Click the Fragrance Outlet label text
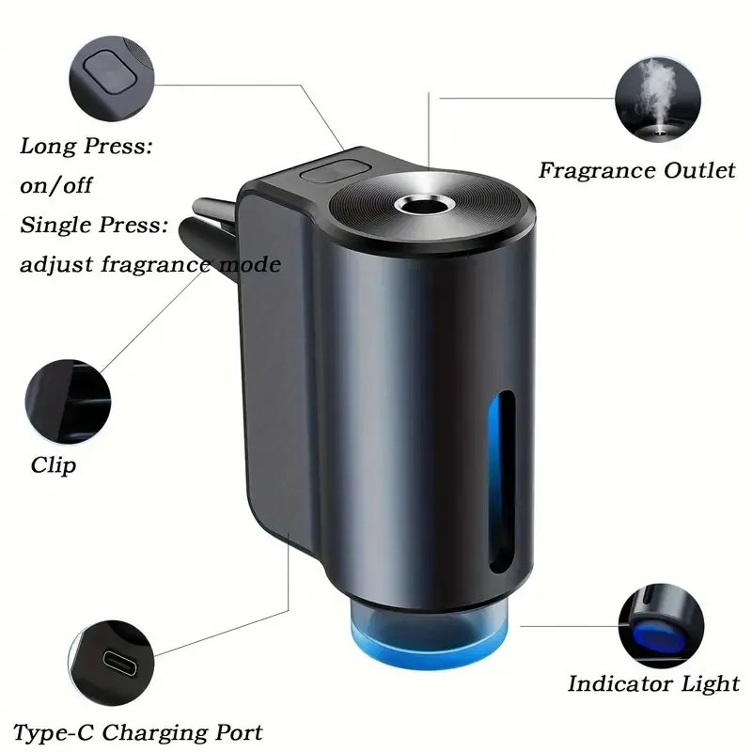pos(636,171)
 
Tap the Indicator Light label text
pos(653,683)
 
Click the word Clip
pos(54,464)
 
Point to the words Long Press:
pos(86,147)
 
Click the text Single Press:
pos(94,226)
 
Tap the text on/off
pos(57,185)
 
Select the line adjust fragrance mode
pos(150,265)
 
